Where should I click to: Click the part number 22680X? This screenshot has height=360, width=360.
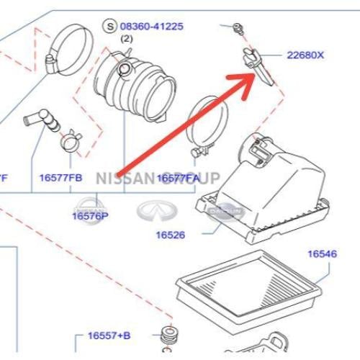306,55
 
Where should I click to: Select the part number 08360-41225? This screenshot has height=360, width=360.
150,27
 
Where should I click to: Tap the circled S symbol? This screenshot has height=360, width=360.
110,27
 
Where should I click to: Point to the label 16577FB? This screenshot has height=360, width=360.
61,177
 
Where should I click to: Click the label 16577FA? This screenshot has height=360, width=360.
178,177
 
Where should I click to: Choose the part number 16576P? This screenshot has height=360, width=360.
90,215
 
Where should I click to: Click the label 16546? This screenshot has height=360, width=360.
323,253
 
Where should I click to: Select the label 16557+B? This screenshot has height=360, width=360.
109,336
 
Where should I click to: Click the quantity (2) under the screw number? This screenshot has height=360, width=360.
127,39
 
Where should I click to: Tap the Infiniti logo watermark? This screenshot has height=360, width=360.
153,210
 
